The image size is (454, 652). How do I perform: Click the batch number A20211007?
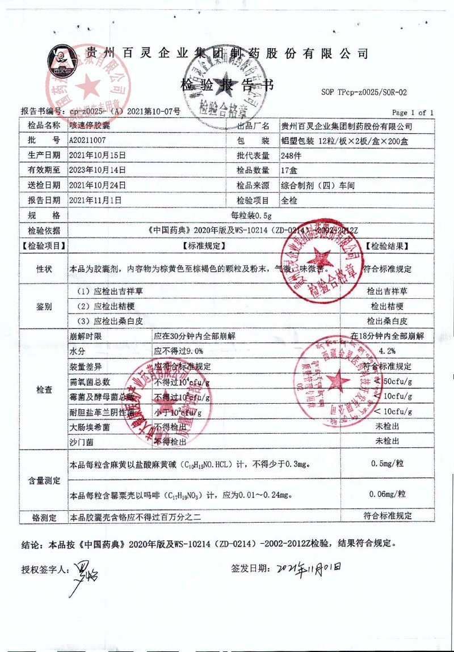87,140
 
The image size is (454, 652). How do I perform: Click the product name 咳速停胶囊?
87,125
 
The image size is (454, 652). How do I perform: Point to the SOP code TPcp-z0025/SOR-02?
364,92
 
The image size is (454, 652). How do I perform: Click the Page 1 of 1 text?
413,113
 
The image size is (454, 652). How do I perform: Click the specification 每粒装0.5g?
251,215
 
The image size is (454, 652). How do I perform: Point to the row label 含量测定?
44,480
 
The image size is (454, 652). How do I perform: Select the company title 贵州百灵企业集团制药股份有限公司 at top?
227,54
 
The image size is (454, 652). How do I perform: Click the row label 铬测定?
44,517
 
